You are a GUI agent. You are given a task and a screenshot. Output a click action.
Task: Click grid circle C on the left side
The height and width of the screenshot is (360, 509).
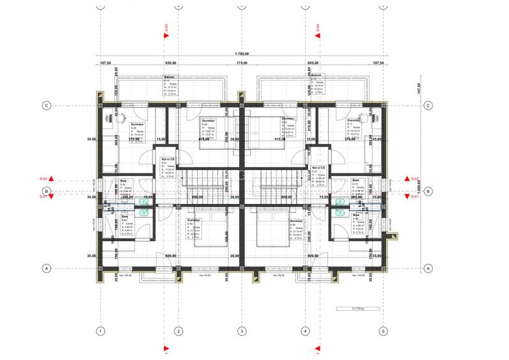click(x=46, y=106)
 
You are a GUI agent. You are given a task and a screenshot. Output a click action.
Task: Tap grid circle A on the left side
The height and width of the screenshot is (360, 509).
click(x=46, y=269)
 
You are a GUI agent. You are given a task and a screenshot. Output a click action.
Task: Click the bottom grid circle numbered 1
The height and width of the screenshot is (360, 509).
click(x=100, y=331)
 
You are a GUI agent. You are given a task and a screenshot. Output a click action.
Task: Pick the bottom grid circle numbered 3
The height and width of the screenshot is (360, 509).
click(x=242, y=331)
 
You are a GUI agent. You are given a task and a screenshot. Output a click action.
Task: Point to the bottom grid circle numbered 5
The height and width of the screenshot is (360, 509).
click(x=383, y=331)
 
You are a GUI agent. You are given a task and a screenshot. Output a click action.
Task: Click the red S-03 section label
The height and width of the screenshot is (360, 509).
click(x=166, y=28)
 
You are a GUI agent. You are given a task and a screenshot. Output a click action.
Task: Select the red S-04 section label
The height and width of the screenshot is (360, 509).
click(x=317, y=28)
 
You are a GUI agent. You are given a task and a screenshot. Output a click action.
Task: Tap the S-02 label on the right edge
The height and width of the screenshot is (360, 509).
click(x=414, y=179)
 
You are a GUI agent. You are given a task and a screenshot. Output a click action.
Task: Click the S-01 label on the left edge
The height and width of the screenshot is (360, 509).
click(x=43, y=197)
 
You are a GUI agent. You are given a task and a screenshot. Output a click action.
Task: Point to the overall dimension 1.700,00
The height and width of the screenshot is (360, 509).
click(x=242, y=54)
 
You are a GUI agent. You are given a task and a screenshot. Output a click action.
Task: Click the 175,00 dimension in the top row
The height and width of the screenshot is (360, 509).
click(x=242, y=63)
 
